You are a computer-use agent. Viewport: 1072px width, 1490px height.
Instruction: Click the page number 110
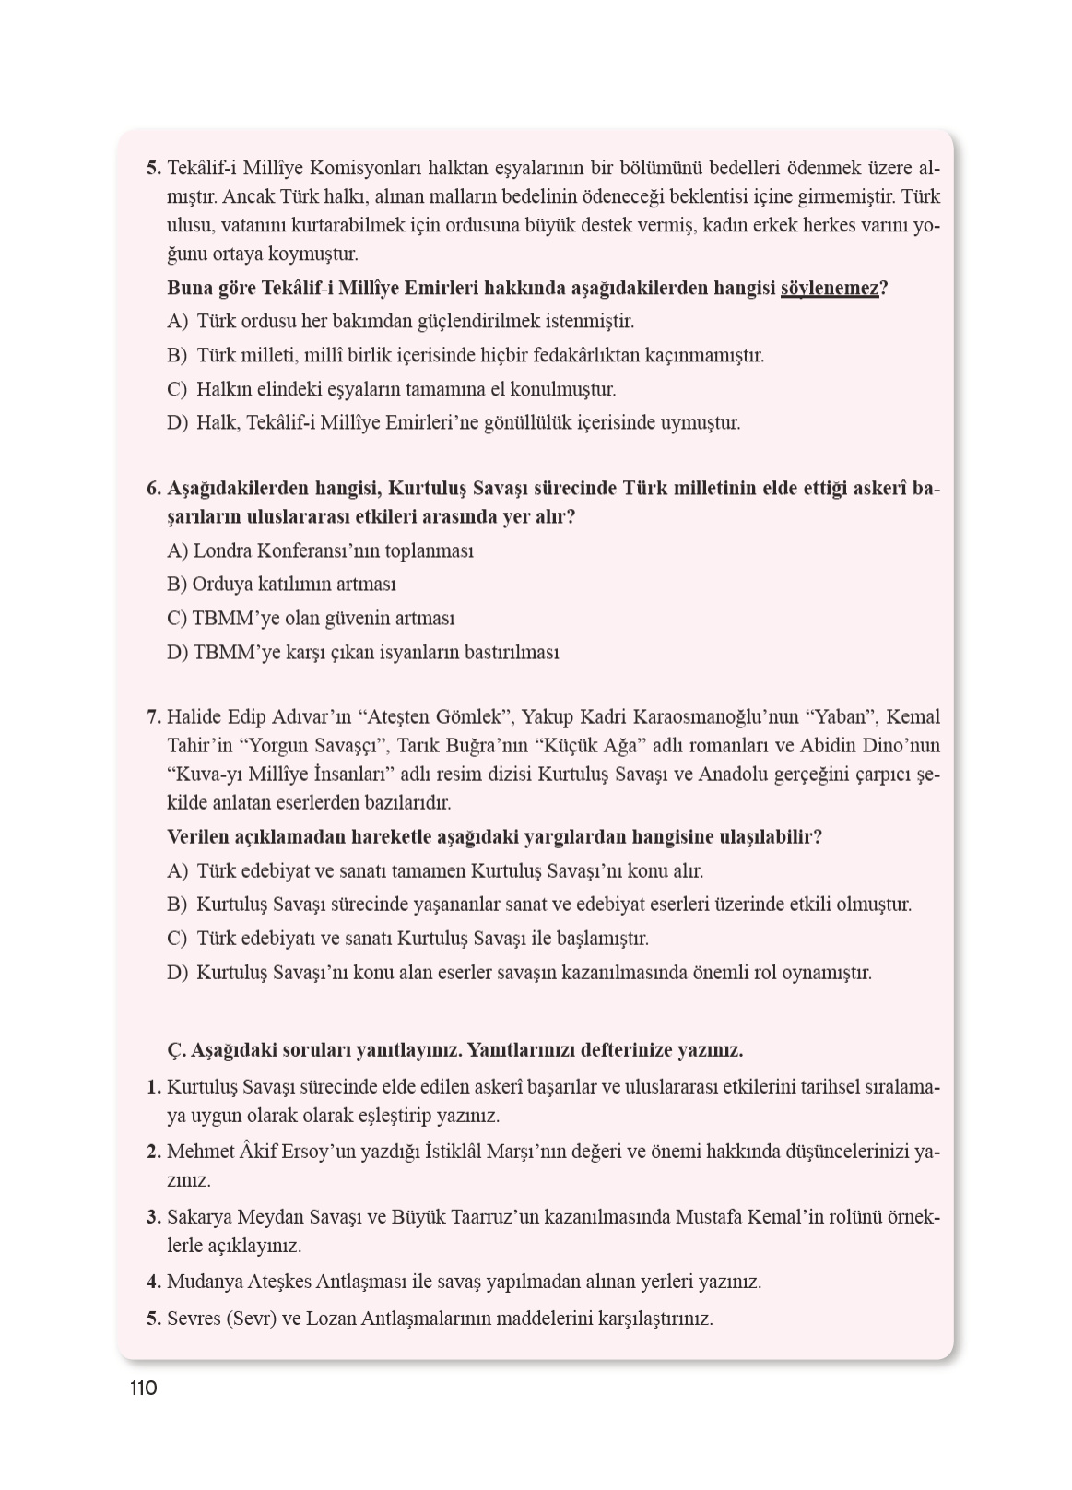144,1388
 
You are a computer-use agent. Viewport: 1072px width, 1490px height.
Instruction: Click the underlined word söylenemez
829,288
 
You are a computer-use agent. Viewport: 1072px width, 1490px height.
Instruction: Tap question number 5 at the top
154,169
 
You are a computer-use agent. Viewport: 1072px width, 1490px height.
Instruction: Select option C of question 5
391,389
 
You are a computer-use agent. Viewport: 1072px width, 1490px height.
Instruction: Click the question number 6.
154,488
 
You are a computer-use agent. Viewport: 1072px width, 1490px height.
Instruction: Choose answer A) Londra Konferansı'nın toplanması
320,550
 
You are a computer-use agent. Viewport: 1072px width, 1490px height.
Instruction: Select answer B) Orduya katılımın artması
281,585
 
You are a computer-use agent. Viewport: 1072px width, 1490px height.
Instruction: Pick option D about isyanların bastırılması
362,652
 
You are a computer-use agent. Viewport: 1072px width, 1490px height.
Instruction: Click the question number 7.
154,716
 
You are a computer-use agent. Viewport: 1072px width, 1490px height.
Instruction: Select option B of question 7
538,905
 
